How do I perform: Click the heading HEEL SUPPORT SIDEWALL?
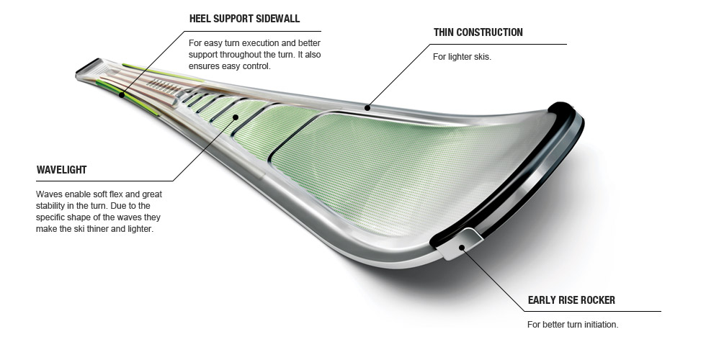(x=244, y=18)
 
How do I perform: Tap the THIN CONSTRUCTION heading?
(x=478, y=32)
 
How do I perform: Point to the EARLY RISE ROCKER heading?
(x=571, y=300)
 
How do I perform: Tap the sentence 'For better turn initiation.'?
(x=573, y=325)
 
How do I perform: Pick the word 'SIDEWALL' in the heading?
(x=276, y=18)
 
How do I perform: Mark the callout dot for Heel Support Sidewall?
(x=122, y=94)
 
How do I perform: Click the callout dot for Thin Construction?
(x=367, y=108)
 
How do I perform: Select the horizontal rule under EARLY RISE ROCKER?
(x=591, y=311)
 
